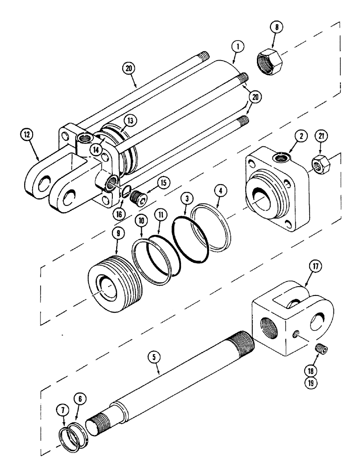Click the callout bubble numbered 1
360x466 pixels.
[x=237, y=47]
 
